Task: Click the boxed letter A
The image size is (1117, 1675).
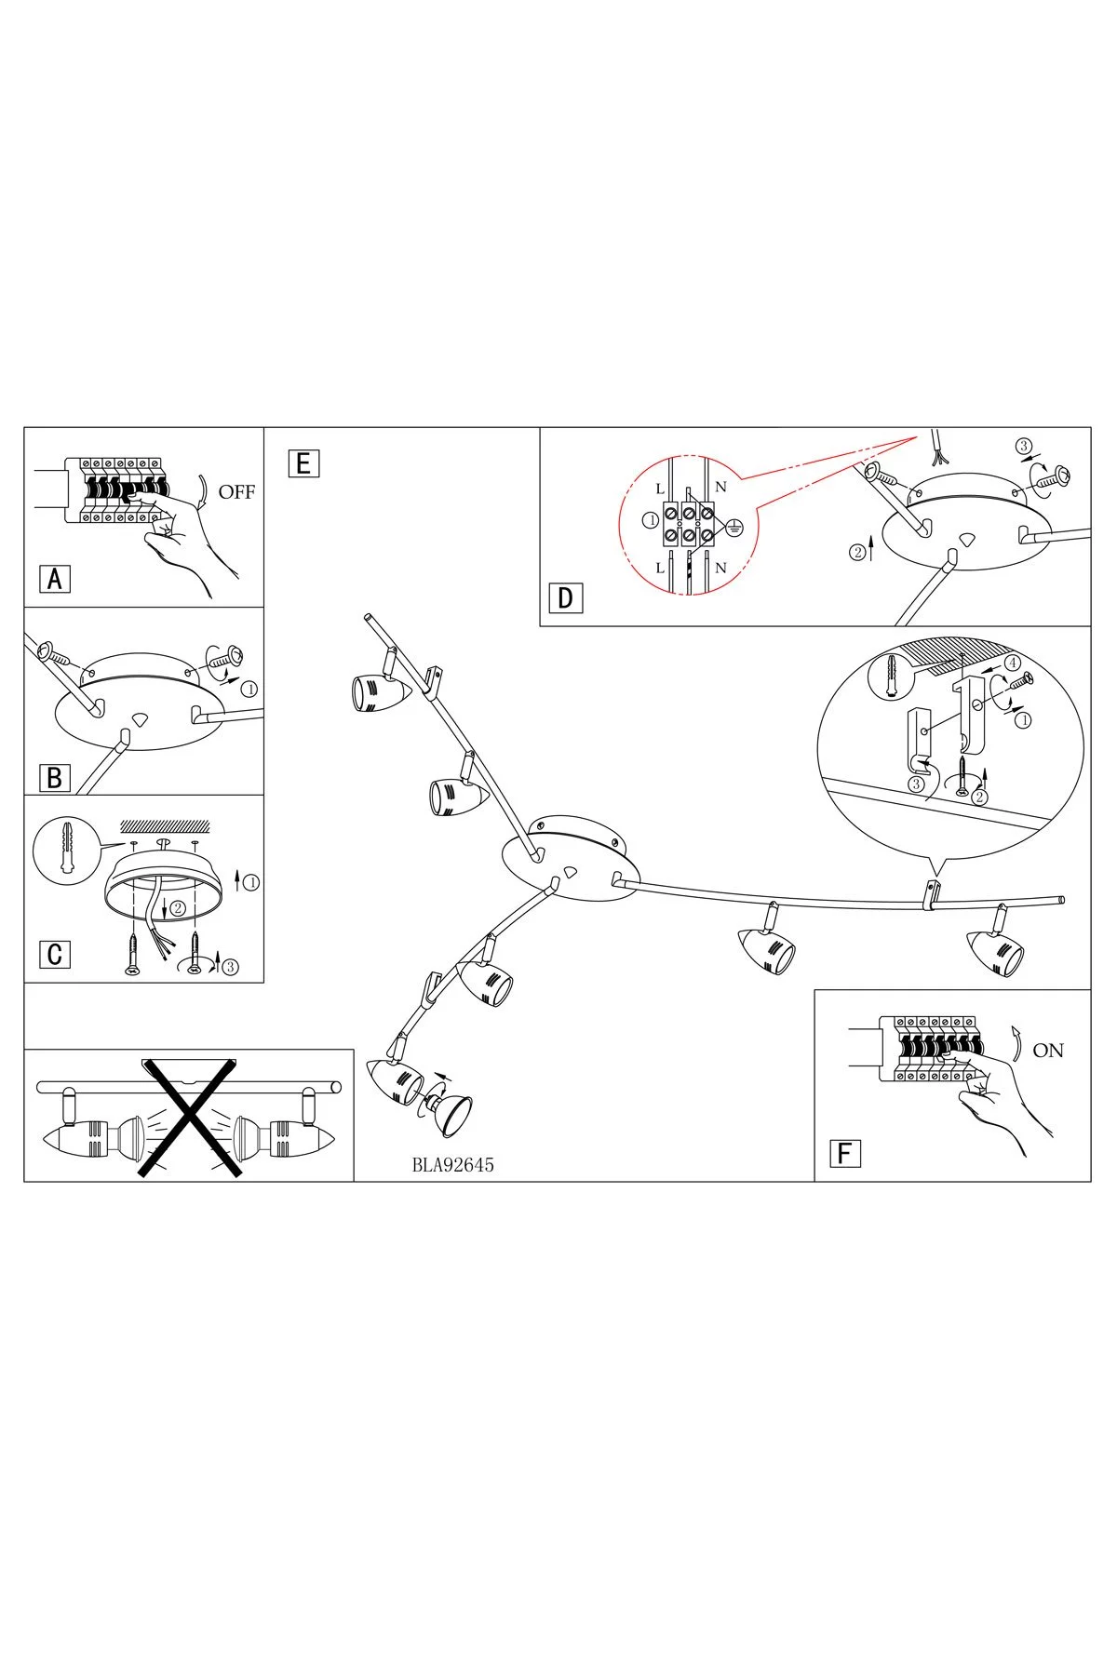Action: pos(55,579)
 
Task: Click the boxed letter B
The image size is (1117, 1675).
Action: pos(55,776)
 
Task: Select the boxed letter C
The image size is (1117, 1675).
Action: pos(55,954)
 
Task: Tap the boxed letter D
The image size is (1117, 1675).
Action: pos(565,598)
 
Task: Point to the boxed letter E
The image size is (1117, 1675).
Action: pos(303,463)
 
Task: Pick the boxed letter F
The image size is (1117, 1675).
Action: pos(844,1153)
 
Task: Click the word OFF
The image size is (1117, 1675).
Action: pos(236,492)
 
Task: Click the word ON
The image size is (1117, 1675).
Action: pos(1048,1051)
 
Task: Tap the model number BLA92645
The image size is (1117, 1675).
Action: pos(452,1164)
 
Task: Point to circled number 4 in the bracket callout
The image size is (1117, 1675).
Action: pos(1012,664)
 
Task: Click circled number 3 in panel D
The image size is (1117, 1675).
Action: pos(1024,447)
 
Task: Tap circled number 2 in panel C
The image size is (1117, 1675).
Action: pos(177,907)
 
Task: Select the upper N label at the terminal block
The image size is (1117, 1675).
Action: pos(720,487)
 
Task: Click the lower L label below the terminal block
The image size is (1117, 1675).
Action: pos(660,567)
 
